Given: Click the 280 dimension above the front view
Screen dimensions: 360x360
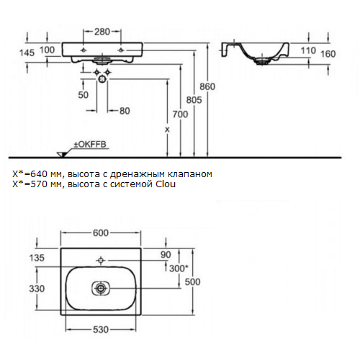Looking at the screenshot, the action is [102, 32].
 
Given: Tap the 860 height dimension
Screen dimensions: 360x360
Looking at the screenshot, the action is [207, 86].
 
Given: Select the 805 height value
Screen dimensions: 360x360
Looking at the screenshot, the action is [194, 100].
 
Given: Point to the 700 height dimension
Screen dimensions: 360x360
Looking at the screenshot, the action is [180, 114].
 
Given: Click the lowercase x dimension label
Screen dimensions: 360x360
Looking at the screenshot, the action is [167, 130].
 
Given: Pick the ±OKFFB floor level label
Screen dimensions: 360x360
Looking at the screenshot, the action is [90, 145].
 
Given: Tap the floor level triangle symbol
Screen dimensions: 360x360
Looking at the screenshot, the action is [63, 155].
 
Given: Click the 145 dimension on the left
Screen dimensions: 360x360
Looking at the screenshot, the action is [27, 53].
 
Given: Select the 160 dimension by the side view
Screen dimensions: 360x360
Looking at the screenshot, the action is [328, 54].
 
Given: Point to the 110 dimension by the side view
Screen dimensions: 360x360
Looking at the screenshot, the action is [308, 50].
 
